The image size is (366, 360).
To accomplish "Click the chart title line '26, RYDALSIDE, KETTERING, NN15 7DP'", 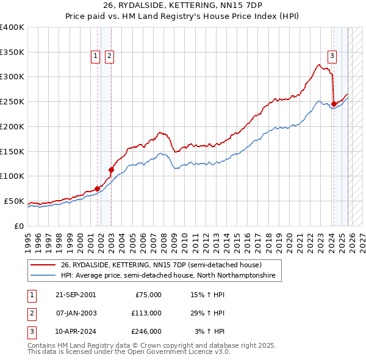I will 182,6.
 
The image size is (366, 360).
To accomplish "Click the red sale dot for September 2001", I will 98,189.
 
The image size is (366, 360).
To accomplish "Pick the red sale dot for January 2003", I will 111,170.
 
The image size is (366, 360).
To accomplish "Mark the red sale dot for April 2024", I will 334,104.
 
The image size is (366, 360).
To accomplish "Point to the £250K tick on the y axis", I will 12,102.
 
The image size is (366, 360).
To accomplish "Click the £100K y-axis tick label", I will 12,176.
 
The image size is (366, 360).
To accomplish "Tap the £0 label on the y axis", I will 18,226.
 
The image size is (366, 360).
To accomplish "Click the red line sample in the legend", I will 43,265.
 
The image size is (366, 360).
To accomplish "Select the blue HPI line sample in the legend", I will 43,276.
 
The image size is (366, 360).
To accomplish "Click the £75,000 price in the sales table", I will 146,295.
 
